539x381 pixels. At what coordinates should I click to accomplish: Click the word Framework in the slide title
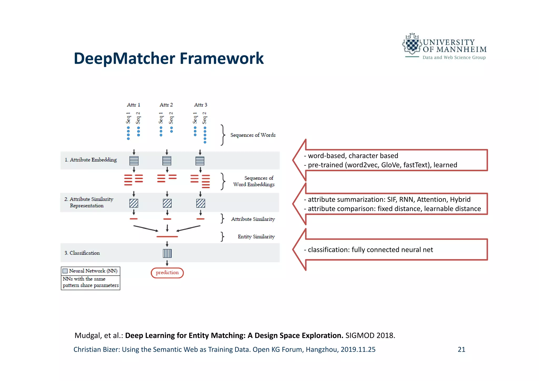(x=221, y=58)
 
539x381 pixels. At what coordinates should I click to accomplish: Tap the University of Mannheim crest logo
(x=412, y=45)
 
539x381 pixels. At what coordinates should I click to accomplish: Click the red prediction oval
(x=167, y=273)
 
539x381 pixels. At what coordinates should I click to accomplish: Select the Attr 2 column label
(x=166, y=105)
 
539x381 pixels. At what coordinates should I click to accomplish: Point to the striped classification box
(x=167, y=253)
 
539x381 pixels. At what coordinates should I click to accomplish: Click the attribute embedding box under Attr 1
(x=134, y=161)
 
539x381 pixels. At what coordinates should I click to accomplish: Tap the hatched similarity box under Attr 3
(x=201, y=203)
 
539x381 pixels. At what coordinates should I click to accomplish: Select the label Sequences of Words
(x=253, y=135)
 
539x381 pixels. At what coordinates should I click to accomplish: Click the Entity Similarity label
(x=256, y=237)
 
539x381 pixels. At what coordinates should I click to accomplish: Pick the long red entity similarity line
(x=167, y=237)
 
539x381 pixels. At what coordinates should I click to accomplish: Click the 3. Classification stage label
(x=82, y=253)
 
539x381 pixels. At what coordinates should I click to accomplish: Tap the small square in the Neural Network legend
(x=65, y=271)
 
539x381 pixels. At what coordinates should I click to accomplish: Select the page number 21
(x=461, y=349)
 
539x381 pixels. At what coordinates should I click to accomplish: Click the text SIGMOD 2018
(x=370, y=335)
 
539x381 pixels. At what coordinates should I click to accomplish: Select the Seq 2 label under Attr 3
(x=204, y=118)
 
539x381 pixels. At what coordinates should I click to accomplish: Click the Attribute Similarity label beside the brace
(x=253, y=219)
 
